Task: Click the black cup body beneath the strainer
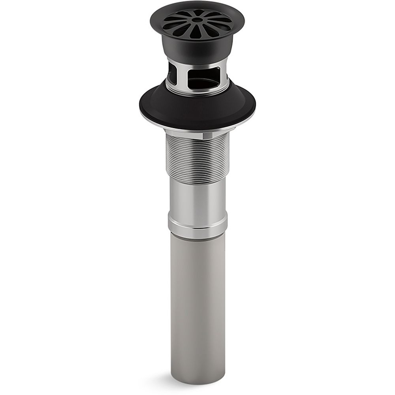tap(197, 49)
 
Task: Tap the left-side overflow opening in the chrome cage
tap(172, 73)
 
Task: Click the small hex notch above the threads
tap(208, 135)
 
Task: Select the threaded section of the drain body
tap(197, 158)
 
